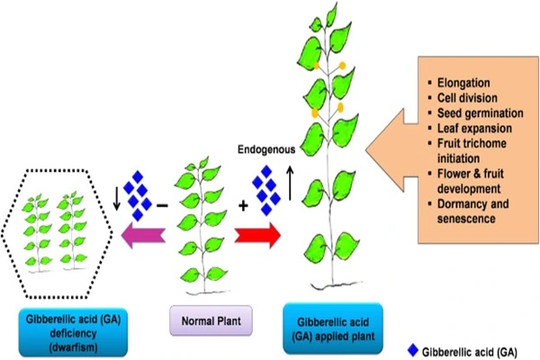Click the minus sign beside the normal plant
pyautogui.click(x=162, y=206)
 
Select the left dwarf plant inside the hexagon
pyautogui.click(x=40, y=229)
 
